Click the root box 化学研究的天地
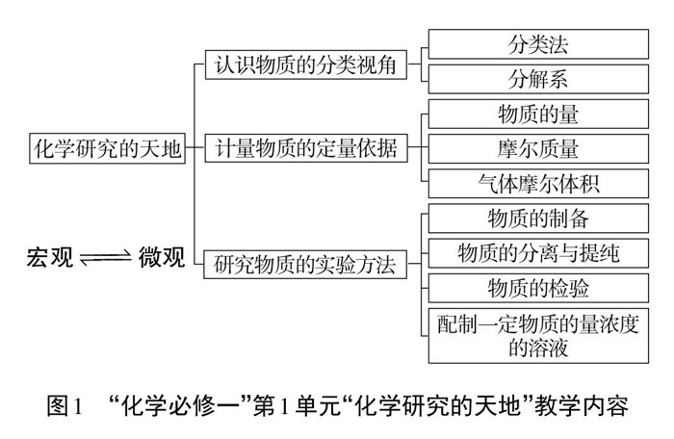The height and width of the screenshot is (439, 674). pyautogui.click(x=108, y=147)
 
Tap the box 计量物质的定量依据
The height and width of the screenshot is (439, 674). pyautogui.click(x=305, y=147)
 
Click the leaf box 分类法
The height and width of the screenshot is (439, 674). pyautogui.click(x=538, y=45)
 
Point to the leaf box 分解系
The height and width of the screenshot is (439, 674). pyautogui.click(x=538, y=79)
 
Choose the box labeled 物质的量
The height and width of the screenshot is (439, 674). pyautogui.click(x=538, y=115)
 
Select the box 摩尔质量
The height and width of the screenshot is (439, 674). pyautogui.click(x=538, y=148)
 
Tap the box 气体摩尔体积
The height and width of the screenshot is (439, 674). pyautogui.click(x=538, y=183)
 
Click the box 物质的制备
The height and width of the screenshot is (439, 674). pyautogui.click(x=538, y=219)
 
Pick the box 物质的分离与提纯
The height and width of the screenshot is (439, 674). pyautogui.click(x=538, y=252)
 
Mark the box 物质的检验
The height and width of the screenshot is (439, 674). pyautogui.click(x=538, y=288)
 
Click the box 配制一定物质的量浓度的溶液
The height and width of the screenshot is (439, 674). pyautogui.click(x=538, y=334)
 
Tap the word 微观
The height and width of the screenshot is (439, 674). pyautogui.click(x=163, y=257)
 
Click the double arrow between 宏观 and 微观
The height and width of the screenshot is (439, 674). pyautogui.click(x=106, y=258)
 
